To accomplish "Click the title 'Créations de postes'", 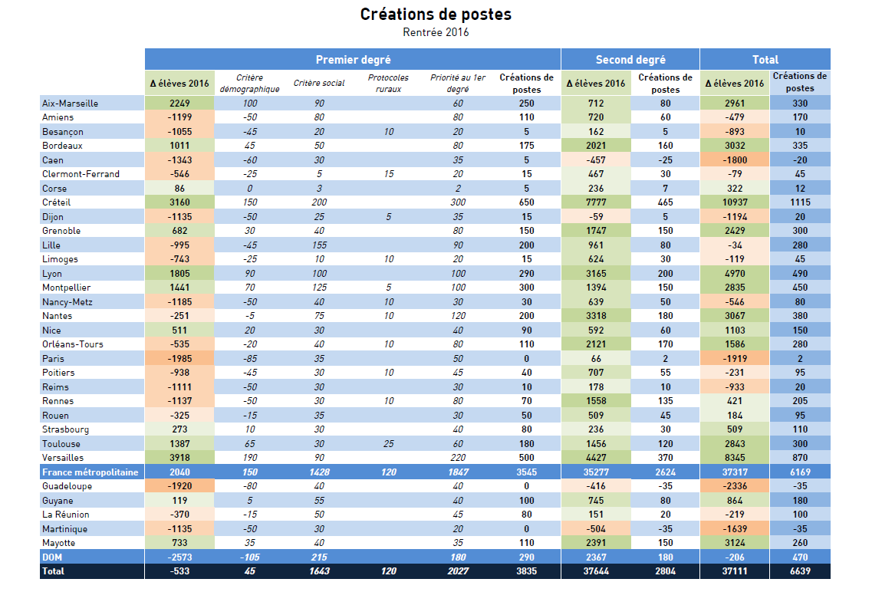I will point(436,15).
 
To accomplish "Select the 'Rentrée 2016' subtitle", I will point(436,32).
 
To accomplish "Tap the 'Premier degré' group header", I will point(353,59).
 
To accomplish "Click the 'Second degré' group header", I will point(630,59).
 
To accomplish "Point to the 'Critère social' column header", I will point(319,83).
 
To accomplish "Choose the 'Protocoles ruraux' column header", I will point(388,83).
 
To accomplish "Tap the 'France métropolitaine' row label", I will point(91,472).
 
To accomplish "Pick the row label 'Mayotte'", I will point(59,543).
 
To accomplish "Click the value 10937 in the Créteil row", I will point(734,202).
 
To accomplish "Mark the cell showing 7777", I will point(596,202).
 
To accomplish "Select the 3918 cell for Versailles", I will point(179,458).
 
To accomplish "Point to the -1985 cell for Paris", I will point(179,358).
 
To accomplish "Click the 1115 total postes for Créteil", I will point(800,202).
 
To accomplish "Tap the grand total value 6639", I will point(800,571).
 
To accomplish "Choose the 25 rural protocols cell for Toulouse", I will point(389,444).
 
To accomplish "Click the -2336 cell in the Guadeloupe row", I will point(734,486).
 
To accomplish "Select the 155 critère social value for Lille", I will point(319,245).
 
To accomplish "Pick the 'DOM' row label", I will point(52,557).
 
